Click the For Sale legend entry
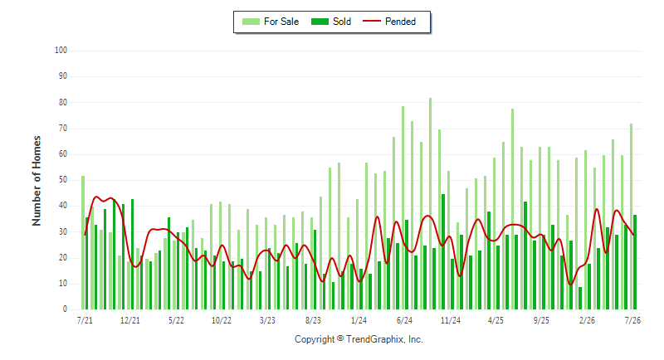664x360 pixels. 271,22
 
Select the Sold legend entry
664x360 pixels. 331,22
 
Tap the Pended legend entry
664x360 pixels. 389,22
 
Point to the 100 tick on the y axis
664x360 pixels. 61,51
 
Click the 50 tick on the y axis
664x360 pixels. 63,180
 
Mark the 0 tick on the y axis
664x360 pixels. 66,309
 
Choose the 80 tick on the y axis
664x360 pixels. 63,102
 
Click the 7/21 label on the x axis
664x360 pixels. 85,320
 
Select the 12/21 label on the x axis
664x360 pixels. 130,320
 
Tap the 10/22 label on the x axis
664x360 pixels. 222,320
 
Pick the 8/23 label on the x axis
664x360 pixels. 313,320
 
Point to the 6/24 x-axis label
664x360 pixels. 404,320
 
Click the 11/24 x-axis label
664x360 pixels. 450,320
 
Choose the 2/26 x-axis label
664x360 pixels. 587,320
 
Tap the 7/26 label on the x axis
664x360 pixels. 632,320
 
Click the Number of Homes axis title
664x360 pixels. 37,181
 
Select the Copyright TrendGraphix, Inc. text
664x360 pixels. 359,339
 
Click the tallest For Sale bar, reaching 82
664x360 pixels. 430,203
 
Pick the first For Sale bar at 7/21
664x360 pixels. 83,242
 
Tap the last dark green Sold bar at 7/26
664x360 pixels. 635,262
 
